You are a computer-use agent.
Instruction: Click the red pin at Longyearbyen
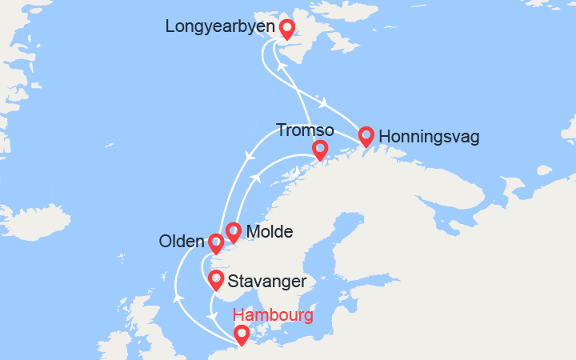[x=287, y=29]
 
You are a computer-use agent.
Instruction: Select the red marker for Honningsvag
[x=366, y=136]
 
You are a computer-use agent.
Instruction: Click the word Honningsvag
[x=429, y=137]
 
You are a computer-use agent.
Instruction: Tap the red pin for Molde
[x=233, y=231]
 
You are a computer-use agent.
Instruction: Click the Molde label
[x=270, y=232]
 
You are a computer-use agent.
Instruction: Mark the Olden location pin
[x=215, y=242]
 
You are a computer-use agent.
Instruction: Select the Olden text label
[x=182, y=242]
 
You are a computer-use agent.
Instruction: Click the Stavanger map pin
[x=215, y=279]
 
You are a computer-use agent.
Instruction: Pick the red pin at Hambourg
[x=241, y=334]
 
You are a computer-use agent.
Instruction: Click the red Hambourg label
[x=273, y=315]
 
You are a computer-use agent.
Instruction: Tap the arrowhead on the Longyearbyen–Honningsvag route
[x=324, y=103]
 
